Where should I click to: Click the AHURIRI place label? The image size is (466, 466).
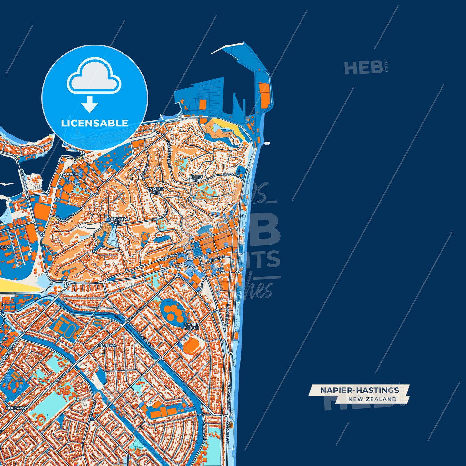pyautogui.click(x=71, y=174)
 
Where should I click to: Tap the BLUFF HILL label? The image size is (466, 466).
pyautogui.click(x=197, y=179)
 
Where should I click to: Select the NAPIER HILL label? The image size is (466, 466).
pyautogui.click(x=157, y=190)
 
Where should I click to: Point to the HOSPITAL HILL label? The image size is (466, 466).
pyautogui.click(x=119, y=220)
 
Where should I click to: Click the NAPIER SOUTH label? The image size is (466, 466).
pyautogui.click(x=192, y=326)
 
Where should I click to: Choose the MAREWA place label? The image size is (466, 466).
pyautogui.click(x=107, y=345)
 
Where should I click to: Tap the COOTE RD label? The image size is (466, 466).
pyautogui.click(x=231, y=175)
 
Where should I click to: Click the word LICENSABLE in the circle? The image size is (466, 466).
pyautogui.click(x=94, y=123)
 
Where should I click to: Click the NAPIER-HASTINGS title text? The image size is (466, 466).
pyautogui.click(x=360, y=390)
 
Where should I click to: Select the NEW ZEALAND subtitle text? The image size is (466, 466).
pyautogui.click(x=372, y=399)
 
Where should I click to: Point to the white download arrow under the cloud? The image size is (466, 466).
pyautogui.click(x=90, y=104)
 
